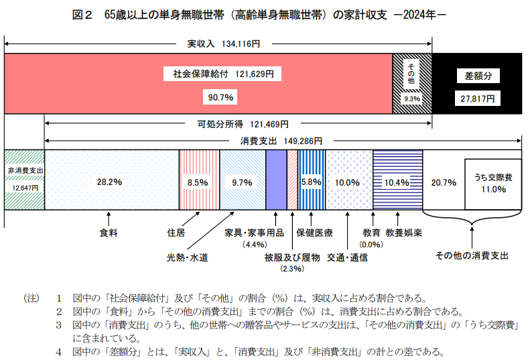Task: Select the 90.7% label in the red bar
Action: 220,97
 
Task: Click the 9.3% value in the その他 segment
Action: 411,99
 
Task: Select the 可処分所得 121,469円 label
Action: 243,124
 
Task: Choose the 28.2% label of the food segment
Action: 109,182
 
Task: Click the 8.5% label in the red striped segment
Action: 198,182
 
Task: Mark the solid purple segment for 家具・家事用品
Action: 276,180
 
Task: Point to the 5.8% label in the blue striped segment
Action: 312,182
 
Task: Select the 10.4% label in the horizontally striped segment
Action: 397,182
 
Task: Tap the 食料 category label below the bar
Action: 109,233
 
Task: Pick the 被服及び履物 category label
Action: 292,257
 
